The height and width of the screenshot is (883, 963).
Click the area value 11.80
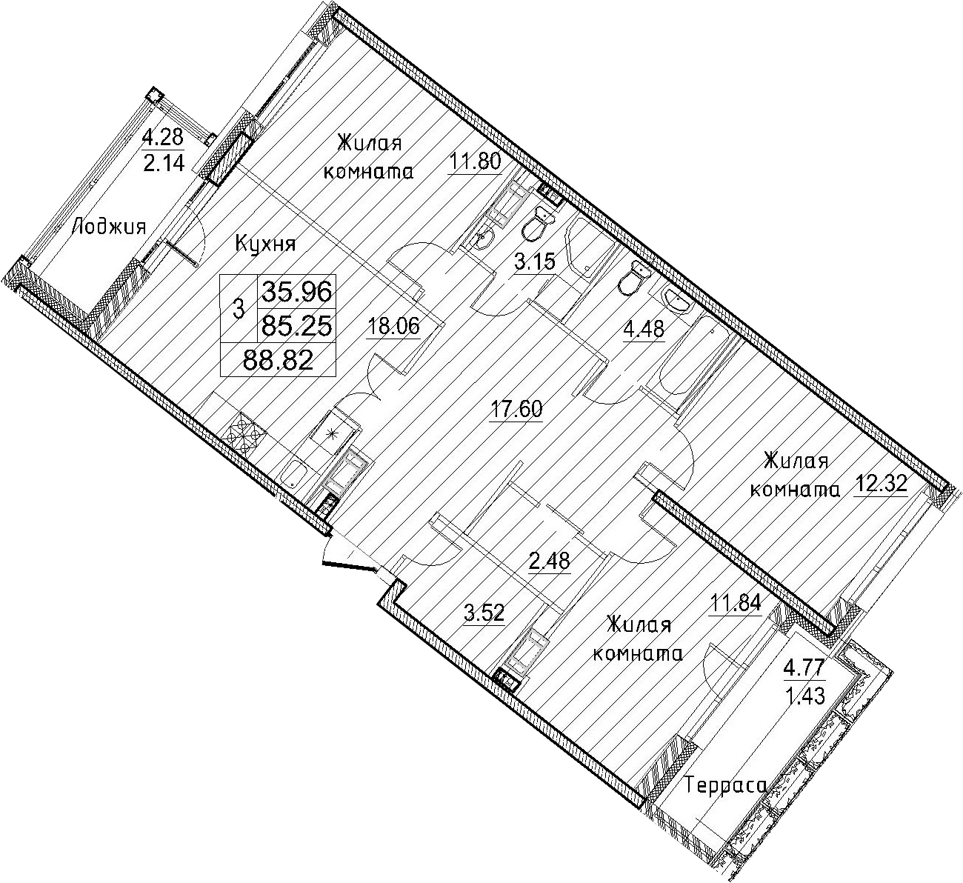tap(476, 161)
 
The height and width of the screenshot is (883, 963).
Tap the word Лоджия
tap(108, 226)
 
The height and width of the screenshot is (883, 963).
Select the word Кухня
tap(265, 244)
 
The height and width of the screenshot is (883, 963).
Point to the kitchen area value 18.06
tap(393, 327)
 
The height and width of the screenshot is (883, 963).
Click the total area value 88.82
tap(279, 359)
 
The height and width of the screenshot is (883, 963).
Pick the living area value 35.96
tap(296, 291)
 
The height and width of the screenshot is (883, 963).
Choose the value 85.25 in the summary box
tap(296, 327)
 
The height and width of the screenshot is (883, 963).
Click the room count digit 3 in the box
tap(239, 309)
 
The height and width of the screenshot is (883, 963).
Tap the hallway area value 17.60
tap(516, 409)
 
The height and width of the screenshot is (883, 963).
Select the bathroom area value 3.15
tap(534, 262)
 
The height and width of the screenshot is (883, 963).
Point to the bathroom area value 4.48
tap(644, 330)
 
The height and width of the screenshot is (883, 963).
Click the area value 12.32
tap(882, 484)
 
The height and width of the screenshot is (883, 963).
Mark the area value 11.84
tap(736, 604)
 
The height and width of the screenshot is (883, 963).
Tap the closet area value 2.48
tap(549, 560)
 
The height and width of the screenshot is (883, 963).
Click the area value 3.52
tap(484, 613)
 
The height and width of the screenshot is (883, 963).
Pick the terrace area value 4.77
tap(804, 667)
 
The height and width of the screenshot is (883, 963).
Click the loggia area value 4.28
tap(163, 138)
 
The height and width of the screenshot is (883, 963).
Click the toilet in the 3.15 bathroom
tap(537, 224)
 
